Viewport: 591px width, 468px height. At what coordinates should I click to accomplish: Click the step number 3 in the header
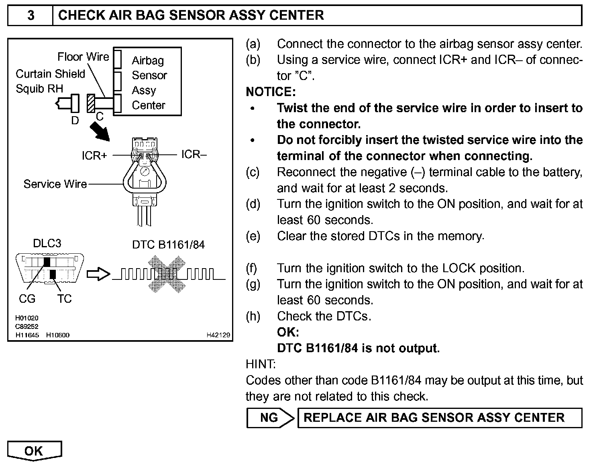[x=31, y=15]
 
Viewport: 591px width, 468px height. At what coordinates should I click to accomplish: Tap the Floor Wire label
[x=83, y=57]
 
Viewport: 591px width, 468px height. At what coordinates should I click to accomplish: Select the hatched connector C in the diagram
[x=90, y=103]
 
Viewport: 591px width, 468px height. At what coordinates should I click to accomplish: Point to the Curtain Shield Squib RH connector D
[x=74, y=104]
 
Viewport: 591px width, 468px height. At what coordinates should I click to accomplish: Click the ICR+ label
[x=94, y=156]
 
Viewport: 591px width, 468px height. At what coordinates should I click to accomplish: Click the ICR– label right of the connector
[x=194, y=154]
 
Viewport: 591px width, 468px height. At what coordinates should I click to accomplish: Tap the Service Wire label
[x=55, y=184]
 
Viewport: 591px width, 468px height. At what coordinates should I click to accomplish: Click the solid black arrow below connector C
[x=99, y=131]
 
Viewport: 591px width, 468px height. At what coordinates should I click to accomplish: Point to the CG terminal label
[x=27, y=299]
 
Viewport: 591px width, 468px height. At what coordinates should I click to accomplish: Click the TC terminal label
[x=64, y=299]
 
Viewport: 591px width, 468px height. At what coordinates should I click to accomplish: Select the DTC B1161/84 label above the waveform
[x=168, y=245]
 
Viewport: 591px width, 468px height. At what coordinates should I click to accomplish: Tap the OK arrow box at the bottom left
[x=34, y=451]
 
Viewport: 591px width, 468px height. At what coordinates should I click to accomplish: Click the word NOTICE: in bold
[x=271, y=92]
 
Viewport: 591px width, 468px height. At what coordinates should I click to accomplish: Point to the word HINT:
[x=261, y=364]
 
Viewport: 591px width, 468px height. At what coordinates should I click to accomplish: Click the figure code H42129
[x=219, y=335]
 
